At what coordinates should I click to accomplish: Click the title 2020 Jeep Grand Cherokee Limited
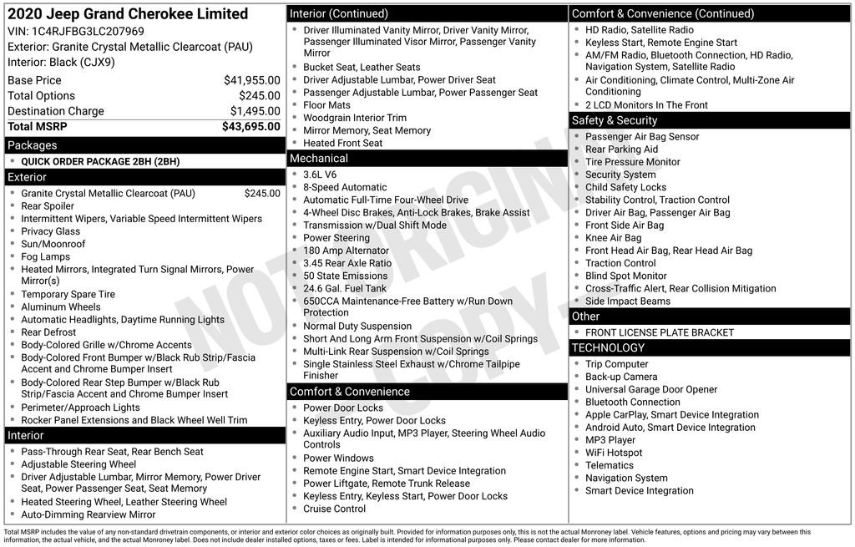pos(128,14)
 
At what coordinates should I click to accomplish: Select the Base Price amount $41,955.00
pos(251,80)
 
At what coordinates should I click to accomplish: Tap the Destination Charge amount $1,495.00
pos(255,111)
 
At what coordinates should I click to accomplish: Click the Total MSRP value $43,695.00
pos(250,127)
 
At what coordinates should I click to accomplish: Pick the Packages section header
pos(33,145)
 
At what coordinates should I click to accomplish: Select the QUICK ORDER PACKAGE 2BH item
pos(100,161)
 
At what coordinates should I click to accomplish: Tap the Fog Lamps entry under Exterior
pos(46,256)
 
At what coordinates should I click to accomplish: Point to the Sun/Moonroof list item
pos(53,244)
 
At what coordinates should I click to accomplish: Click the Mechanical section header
pos(318,159)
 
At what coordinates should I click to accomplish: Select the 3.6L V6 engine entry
pos(320,175)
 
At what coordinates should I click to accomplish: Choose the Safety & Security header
pos(615,120)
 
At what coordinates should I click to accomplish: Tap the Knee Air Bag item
pos(614,238)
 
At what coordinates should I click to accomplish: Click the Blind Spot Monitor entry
pos(626,276)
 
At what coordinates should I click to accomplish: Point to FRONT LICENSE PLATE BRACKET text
pos(660,332)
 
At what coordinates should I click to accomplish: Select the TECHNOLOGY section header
pos(608,348)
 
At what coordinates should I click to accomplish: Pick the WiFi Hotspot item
pos(614,453)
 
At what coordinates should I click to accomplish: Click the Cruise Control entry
pos(334,509)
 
